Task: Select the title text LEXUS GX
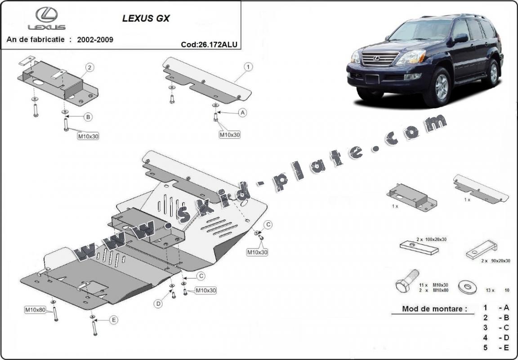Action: [146, 19]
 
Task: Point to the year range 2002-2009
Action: [95, 40]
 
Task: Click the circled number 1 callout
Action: [247, 67]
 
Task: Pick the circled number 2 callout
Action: [89, 67]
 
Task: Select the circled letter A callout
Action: [243, 113]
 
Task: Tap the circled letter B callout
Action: [88, 117]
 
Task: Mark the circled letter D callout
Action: [158, 304]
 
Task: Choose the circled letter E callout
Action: [113, 320]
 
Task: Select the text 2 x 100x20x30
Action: [431, 240]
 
